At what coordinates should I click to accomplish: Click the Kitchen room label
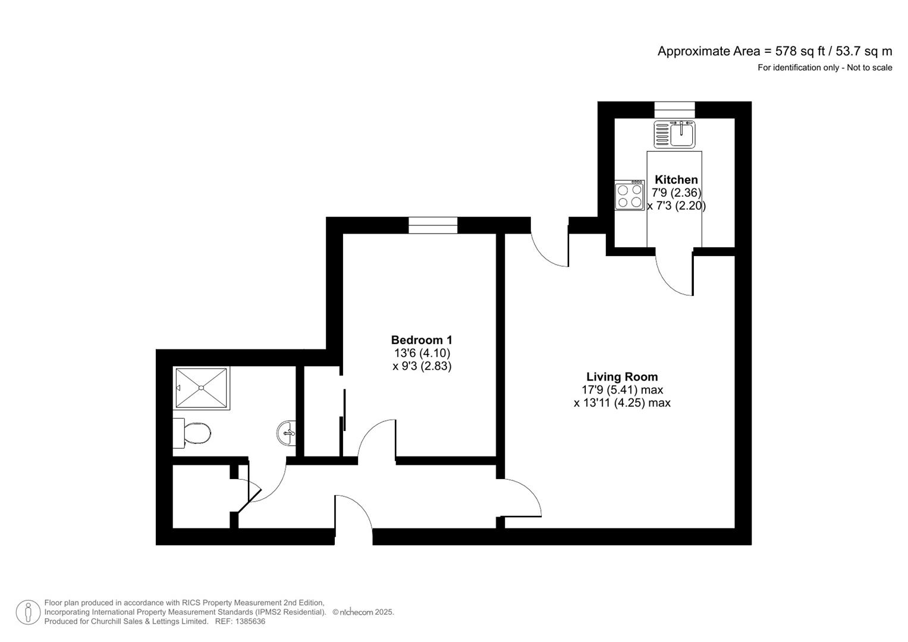tap(676, 180)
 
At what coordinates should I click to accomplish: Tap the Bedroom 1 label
tap(422, 339)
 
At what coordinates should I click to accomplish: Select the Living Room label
tap(622, 377)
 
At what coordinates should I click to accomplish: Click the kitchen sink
tap(674, 134)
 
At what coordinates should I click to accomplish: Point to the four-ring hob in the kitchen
tap(630, 196)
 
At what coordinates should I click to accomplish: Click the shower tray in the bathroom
tap(202, 388)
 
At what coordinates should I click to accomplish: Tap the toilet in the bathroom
tap(192, 433)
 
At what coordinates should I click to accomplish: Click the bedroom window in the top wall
tap(433, 225)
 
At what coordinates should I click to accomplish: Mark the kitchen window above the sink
tap(674, 110)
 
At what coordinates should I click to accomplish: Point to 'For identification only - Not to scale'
tap(825, 68)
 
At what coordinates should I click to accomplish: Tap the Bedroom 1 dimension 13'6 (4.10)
tap(422, 353)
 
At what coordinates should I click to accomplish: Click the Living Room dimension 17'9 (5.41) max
tap(622, 390)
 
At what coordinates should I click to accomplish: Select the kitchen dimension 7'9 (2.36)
tap(676, 193)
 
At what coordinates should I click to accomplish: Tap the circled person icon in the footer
tap(28, 612)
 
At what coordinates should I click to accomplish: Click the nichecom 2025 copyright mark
tap(363, 612)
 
